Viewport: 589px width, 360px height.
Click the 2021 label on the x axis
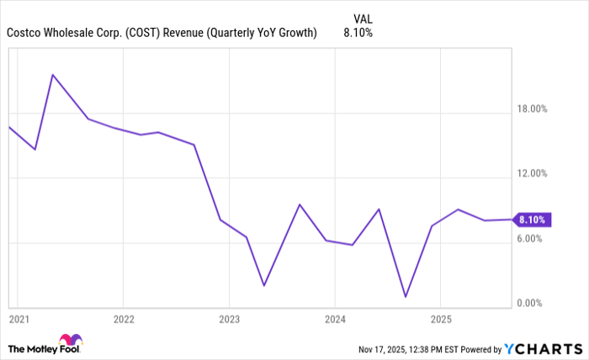18,320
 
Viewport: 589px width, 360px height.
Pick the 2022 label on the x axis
123,320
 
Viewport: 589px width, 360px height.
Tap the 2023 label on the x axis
229,320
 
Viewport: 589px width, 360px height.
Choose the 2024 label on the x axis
334,320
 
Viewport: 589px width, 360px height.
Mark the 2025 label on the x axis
440,320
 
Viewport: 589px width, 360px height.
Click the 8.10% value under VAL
358,33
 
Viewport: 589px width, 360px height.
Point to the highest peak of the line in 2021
53,75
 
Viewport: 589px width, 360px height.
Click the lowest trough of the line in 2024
406,297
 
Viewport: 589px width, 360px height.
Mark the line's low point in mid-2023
263,286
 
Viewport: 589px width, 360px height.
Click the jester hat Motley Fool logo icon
72,341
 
